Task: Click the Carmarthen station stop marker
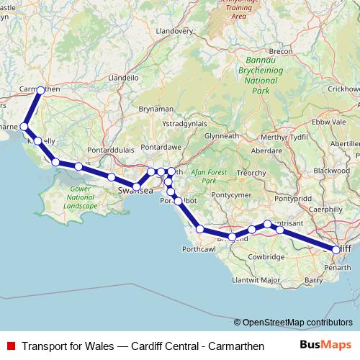40,90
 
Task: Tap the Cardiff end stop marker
336,249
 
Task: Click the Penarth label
338,267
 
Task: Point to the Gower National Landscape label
80,197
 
